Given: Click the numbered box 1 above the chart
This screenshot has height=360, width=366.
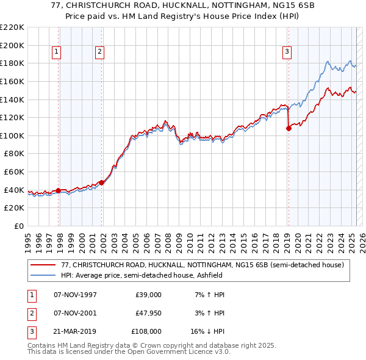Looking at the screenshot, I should click(56, 52).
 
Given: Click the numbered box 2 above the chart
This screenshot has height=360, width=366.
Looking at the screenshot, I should click(99, 52).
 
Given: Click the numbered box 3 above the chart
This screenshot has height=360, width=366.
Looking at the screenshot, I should click(287, 52).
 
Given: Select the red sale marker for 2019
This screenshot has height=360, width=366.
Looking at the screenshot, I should click(289, 128).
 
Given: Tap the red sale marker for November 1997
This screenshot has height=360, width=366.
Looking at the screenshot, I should click(59, 190).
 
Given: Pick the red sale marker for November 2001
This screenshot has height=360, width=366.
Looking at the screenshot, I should click(101, 182).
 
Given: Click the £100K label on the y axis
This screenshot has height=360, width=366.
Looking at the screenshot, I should click(12, 135).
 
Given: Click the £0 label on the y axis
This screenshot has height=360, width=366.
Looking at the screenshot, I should click(18, 226).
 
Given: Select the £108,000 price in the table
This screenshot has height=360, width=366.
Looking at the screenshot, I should click(147, 333).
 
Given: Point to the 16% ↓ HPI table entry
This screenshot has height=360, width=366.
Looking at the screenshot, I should click(207, 333).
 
